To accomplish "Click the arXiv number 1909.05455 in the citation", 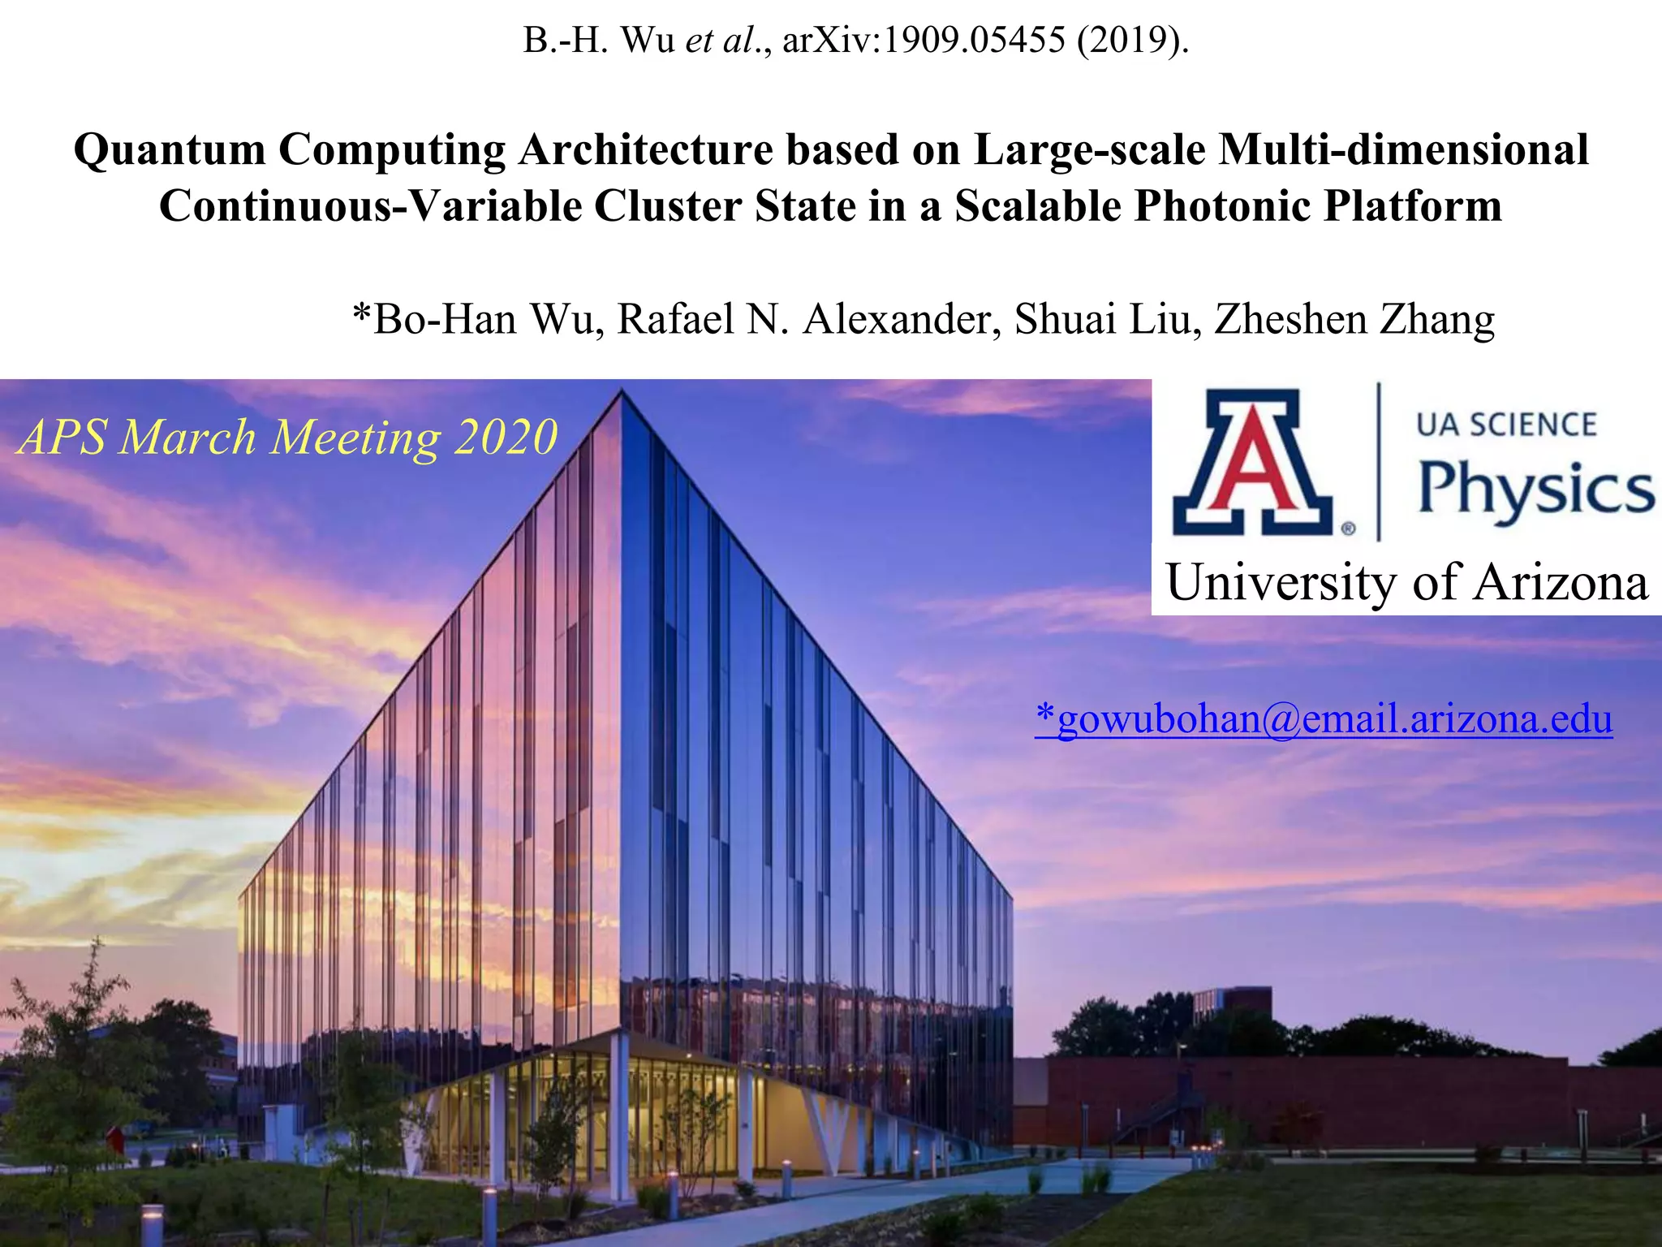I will pos(974,41).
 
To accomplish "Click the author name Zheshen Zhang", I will pos(1354,319).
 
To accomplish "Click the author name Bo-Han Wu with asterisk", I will pos(478,319).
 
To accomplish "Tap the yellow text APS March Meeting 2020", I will pos(288,438).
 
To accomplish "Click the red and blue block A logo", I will pos(1253,463).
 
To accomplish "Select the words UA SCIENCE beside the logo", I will pos(1506,425).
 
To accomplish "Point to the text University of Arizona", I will pos(1407,583).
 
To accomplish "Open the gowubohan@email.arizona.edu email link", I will pos(1324,719).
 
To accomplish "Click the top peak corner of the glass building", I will pos(622,391).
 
